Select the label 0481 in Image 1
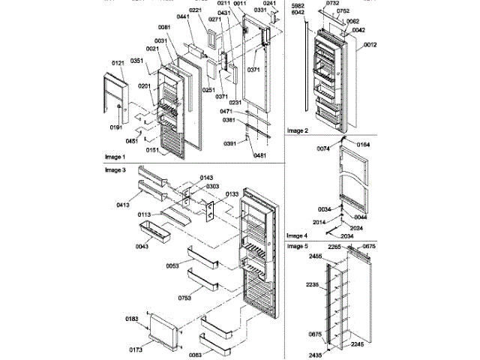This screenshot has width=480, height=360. coord(260,155)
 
